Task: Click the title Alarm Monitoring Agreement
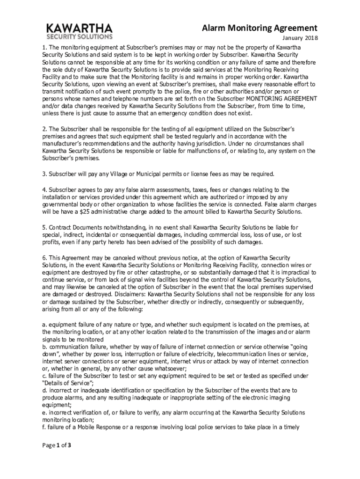259,28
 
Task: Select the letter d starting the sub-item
43,390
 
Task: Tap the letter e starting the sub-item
43,413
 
